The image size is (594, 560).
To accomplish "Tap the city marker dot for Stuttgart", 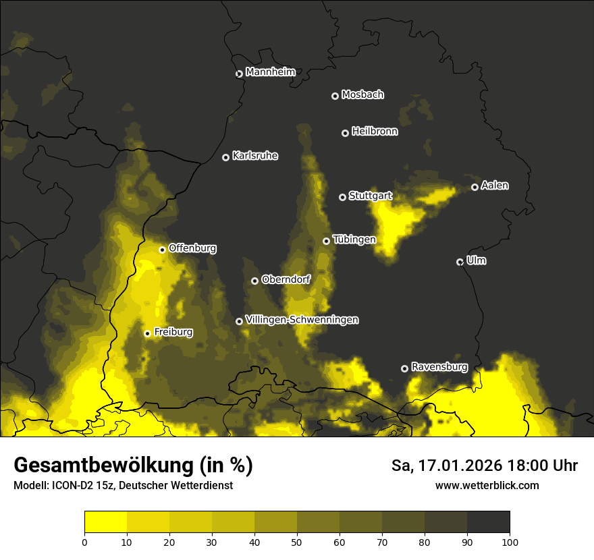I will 343,197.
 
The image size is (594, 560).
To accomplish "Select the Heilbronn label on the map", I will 375,132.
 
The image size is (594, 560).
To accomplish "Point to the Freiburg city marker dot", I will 147,333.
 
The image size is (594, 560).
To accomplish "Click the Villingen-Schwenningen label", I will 302,320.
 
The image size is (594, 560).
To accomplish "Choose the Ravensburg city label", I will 439,367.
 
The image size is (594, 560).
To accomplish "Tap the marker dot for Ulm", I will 460,262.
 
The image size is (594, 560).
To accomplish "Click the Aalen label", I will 495,186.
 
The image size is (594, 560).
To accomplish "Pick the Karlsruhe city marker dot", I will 226,157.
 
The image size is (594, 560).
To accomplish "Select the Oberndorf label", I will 286,279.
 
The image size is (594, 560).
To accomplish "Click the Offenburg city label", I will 192,248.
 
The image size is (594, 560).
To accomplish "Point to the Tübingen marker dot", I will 327,241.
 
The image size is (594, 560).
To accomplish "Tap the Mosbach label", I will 362,94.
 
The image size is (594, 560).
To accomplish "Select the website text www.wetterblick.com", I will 487,485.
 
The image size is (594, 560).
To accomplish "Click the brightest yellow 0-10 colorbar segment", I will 105,522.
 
